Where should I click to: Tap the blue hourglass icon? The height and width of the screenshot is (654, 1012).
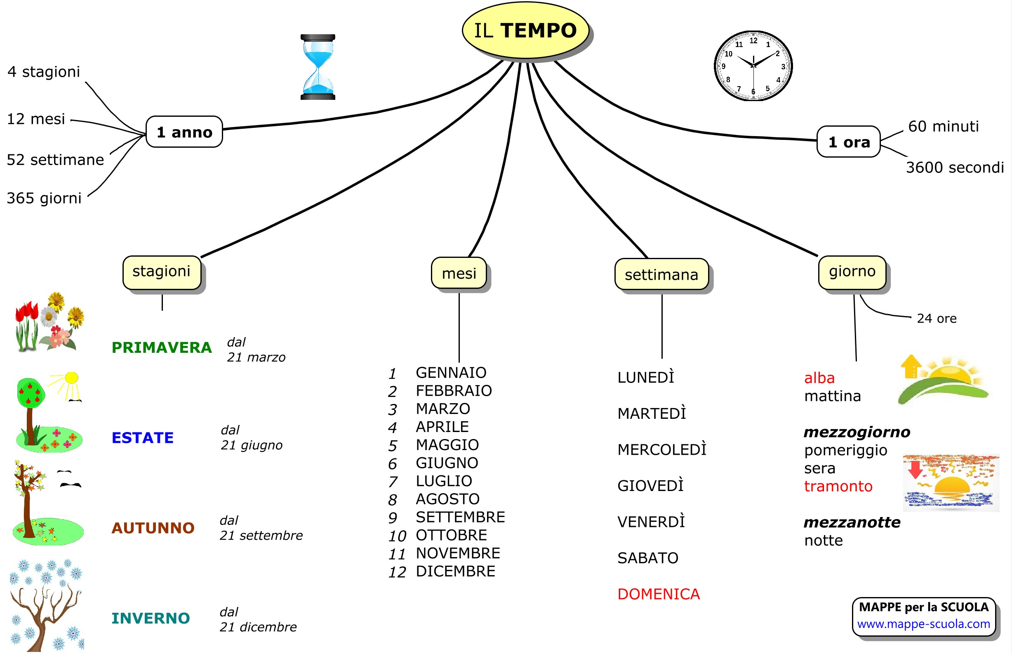pyautogui.click(x=318, y=67)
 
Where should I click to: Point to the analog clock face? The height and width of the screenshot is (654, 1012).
pyautogui.click(x=753, y=66)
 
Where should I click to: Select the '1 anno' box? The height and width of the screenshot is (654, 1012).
pyautogui.click(x=184, y=132)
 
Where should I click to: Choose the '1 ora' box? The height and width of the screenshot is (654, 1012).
pyautogui.click(x=848, y=142)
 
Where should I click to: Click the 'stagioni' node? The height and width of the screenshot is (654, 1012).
pyautogui.click(x=161, y=272)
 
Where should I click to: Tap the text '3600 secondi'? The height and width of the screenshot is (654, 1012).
pyautogui.click(x=954, y=168)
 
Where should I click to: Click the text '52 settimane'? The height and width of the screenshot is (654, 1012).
pyautogui.click(x=55, y=160)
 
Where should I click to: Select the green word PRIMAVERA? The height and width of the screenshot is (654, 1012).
pyautogui.click(x=161, y=348)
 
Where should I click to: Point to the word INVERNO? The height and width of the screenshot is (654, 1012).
pyautogui.click(x=150, y=619)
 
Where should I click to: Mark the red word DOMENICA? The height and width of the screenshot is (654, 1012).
pyautogui.click(x=658, y=595)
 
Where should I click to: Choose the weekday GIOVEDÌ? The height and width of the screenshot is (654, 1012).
pyautogui.click(x=650, y=486)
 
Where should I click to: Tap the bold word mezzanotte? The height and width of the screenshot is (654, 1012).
pyautogui.click(x=852, y=522)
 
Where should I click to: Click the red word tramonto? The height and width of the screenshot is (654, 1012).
pyautogui.click(x=838, y=486)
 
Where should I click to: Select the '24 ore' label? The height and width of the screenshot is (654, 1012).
pyautogui.click(x=936, y=319)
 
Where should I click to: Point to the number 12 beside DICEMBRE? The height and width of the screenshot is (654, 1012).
pyautogui.click(x=397, y=572)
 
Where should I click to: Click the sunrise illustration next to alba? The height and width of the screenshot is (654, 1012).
pyautogui.click(x=944, y=380)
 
